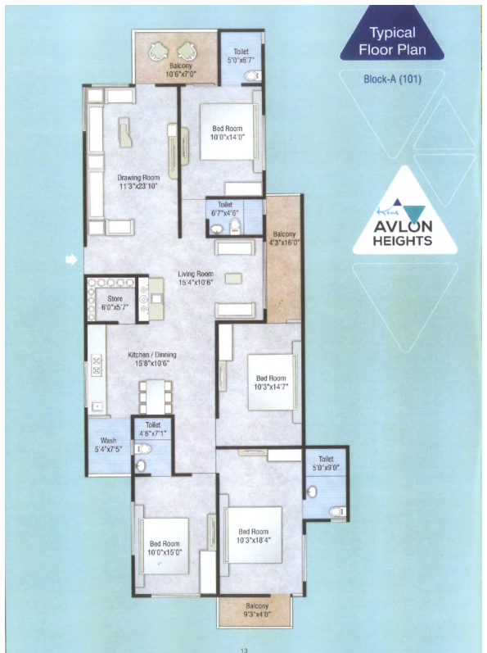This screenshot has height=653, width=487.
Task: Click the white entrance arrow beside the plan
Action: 71,260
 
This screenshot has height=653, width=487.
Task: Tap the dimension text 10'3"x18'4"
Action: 253,540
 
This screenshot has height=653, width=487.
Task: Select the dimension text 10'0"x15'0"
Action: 165,552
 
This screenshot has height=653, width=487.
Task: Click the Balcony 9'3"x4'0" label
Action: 257,610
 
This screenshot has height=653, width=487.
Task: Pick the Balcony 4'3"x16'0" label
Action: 284,238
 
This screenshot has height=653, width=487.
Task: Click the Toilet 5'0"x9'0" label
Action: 326,463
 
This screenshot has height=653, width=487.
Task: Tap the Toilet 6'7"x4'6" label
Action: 225,209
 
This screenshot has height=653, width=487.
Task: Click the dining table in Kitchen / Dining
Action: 156,397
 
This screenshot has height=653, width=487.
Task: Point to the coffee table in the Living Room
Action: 233,279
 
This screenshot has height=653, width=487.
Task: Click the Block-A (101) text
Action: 392,79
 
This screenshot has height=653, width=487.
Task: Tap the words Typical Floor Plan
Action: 392,41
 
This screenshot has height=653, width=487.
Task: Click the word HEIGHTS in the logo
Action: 402,241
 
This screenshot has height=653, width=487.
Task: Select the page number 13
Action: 244,650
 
